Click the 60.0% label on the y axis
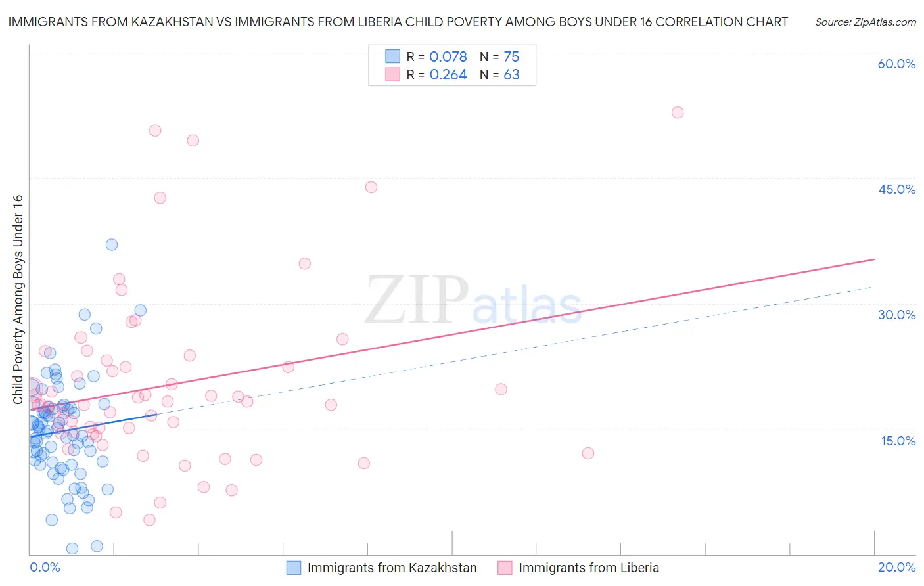[x=896, y=64]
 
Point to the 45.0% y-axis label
[x=896, y=189]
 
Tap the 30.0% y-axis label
[x=896, y=315]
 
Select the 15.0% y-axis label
[x=898, y=441]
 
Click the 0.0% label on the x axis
[x=45, y=567]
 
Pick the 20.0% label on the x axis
[x=896, y=567]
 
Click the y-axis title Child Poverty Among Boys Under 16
[x=18, y=300]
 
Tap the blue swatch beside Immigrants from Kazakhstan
[x=294, y=568]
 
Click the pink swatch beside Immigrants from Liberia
[x=505, y=568]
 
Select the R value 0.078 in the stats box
[x=448, y=57]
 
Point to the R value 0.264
[x=448, y=75]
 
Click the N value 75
[x=511, y=57]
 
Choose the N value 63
[x=511, y=75]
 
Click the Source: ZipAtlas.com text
[x=865, y=22]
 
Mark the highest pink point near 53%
[x=678, y=112]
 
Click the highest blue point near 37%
[x=112, y=244]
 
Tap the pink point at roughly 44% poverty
[x=371, y=187]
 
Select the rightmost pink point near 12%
[x=588, y=453]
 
